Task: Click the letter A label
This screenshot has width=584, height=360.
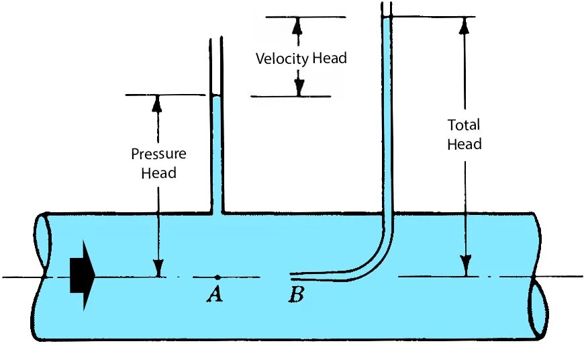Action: tap(214, 294)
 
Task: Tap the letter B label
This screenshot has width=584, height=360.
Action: tap(295, 294)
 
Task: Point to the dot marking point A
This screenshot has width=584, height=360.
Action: tap(217, 277)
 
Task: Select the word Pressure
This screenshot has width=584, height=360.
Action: tap(158, 154)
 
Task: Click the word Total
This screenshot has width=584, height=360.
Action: tap(464, 125)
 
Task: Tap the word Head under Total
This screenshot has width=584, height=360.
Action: tap(465, 144)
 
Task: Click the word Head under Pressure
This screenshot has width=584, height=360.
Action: tap(159, 173)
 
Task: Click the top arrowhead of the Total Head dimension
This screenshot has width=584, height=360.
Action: tap(464, 25)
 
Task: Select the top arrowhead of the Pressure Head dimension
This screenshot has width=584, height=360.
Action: tap(158, 103)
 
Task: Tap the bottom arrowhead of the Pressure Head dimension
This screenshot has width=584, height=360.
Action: tap(158, 268)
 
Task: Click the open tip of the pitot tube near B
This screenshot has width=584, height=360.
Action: tap(291, 275)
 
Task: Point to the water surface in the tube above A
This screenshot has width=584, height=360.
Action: tap(216, 97)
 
